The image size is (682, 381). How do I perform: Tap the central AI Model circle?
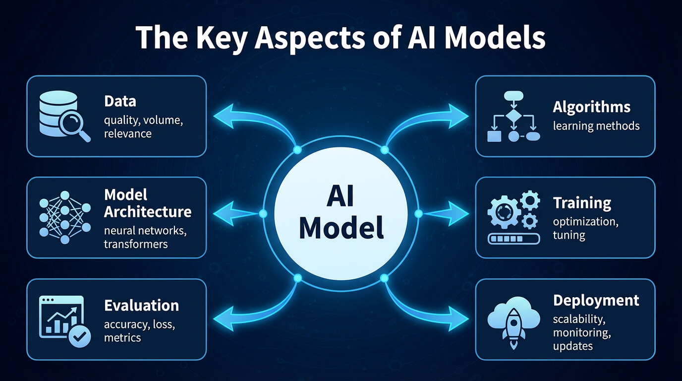pyautogui.click(x=341, y=214)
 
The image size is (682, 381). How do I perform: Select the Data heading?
pyautogui.click(x=120, y=102)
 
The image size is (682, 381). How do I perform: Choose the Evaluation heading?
pyautogui.click(x=141, y=305)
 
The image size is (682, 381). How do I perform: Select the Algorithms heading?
pyautogui.click(x=591, y=107)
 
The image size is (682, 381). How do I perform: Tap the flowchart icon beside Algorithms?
pyautogui.click(x=513, y=117)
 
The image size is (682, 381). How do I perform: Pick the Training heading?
pyautogui.click(x=582, y=202)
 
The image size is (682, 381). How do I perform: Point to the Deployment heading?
pyautogui.click(x=596, y=300)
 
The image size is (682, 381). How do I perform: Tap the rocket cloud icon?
pyautogui.click(x=513, y=320)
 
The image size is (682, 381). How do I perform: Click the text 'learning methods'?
pyautogui.click(x=596, y=126)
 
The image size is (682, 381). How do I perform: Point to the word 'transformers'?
pyautogui.click(x=136, y=244)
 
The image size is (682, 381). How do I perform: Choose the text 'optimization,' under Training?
pyautogui.click(x=585, y=221)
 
